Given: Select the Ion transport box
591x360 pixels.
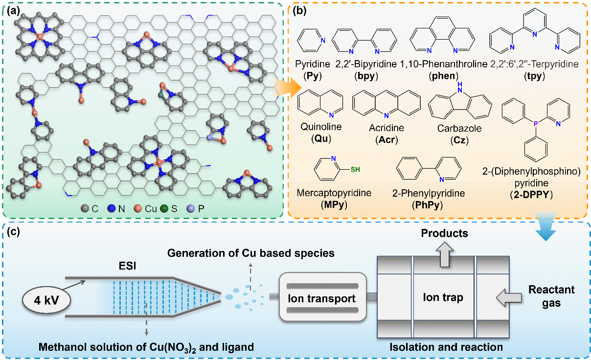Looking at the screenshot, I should pyautogui.click(x=321, y=298).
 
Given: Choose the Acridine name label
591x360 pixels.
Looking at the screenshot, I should pyautogui.click(x=386, y=129).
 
